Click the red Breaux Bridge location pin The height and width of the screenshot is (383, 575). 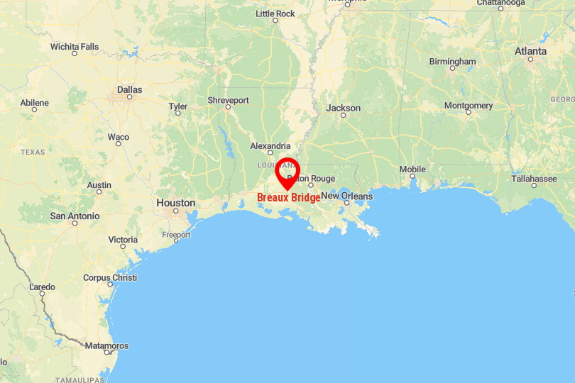287,171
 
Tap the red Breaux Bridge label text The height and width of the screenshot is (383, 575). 288,198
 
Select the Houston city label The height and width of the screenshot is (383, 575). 175,203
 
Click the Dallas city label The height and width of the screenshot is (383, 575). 129,90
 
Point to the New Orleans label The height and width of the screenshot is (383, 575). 346,196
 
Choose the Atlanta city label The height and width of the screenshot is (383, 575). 531,51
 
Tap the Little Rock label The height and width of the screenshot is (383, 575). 275,13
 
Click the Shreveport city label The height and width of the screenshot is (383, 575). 228,100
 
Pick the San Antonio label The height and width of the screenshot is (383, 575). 75,216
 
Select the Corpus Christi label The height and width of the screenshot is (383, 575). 110,277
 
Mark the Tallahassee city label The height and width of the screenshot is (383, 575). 534,179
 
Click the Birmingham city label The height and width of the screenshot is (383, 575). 452,62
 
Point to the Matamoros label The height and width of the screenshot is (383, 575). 106,345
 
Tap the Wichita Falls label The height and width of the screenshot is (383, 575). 75,47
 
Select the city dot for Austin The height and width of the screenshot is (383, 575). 99,191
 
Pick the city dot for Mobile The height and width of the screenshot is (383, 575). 412,178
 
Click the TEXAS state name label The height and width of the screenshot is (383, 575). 33,152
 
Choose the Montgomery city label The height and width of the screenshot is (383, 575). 469,106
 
